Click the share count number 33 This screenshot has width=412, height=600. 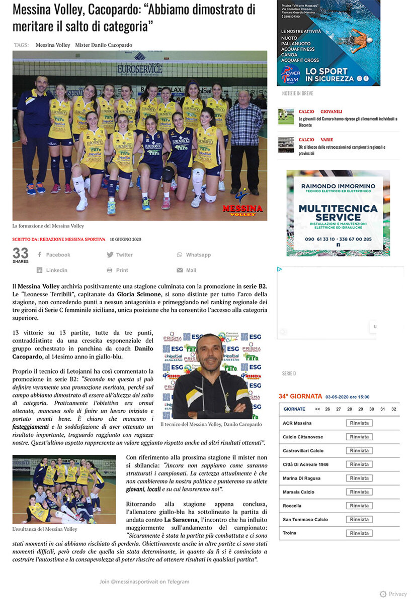click(x=21, y=253)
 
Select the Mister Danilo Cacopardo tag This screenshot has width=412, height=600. click(x=104, y=45)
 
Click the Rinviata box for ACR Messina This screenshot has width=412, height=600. click(x=359, y=423)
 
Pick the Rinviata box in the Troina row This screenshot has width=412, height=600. click(x=359, y=533)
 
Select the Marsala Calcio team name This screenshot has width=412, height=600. click(x=298, y=492)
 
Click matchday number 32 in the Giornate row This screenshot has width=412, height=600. click(x=393, y=409)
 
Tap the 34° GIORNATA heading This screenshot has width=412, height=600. click(x=300, y=397)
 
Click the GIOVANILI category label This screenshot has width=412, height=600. click(x=331, y=111)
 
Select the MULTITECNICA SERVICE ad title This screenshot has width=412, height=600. click(x=338, y=212)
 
